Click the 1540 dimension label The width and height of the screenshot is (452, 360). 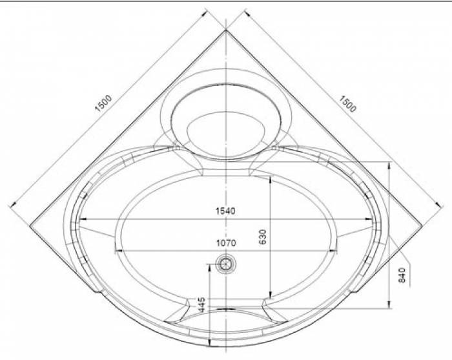pyautogui.click(x=225, y=211)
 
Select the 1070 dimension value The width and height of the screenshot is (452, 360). pyautogui.click(x=226, y=243)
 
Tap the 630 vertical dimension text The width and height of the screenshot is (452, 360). pyautogui.click(x=263, y=237)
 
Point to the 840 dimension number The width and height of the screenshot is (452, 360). pyautogui.click(x=402, y=275)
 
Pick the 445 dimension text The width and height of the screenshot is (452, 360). pyautogui.click(x=202, y=304)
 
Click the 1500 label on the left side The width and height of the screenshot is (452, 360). pyautogui.click(x=103, y=103)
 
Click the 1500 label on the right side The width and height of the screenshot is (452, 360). pyautogui.click(x=347, y=104)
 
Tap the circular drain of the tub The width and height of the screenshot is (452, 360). pyautogui.click(x=226, y=263)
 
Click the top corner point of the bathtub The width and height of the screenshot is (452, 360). pyautogui.click(x=226, y=30)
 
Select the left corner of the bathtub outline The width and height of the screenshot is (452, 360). pyautogui.click(x=30, y=225)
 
